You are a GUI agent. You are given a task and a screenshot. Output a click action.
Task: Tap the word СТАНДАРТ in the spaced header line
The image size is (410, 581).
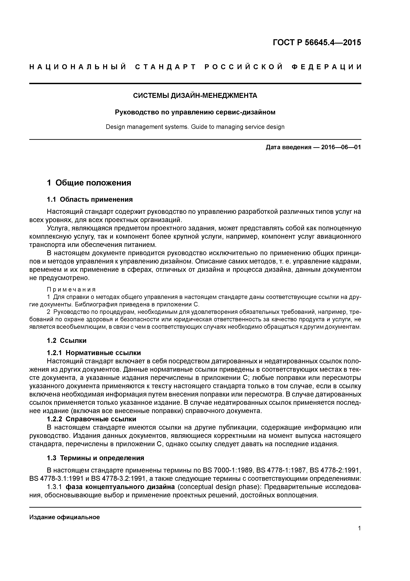[165, 67]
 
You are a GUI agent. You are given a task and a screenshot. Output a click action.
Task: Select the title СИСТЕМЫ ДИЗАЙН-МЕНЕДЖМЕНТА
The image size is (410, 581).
[195, 96]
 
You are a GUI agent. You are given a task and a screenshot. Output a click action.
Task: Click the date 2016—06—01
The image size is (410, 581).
[341, 147]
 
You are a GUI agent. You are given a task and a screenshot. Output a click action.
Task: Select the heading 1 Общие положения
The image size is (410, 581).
[89, 183]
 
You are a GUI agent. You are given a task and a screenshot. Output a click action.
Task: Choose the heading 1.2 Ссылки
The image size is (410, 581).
[67, 341]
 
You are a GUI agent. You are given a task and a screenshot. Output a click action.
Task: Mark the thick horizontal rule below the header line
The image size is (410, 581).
[195, 83]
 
